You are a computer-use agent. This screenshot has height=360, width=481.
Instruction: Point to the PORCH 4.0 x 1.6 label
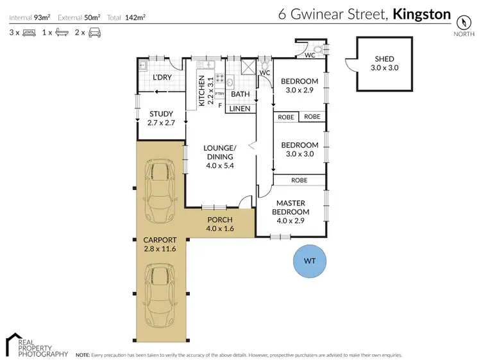point(219,224)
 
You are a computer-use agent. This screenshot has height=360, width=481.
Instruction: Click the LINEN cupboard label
point(240,108)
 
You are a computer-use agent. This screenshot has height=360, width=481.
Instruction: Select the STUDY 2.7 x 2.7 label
point(160,118)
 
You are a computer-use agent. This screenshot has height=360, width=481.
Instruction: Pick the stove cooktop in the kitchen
point(219,80)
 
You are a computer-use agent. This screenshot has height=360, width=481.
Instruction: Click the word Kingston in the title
point(421,14)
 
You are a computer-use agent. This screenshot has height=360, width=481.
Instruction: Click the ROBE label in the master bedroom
point(300,180)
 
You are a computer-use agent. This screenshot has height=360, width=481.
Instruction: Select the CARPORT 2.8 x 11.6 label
point(160,244)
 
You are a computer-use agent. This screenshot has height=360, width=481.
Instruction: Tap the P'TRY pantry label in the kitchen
point(219,94)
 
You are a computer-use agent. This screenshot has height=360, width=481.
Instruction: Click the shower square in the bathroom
point(247,66)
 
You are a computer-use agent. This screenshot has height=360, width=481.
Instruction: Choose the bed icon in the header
point(29,31)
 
